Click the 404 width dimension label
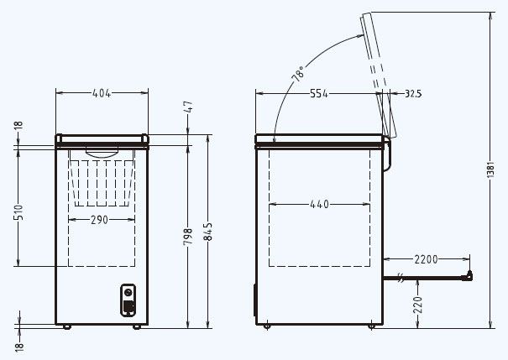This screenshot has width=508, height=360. tap(102, 93)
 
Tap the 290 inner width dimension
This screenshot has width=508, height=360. tap(99, 220)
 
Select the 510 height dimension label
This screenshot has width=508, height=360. tap(18, 212)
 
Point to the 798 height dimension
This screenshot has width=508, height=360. tap(188, 237)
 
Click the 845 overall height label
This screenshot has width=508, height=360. tap(208, 232)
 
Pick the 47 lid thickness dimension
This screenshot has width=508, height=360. tap(188, 107)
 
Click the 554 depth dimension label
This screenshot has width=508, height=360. tap(319, 93)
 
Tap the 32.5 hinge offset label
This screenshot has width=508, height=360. tap(413, 94)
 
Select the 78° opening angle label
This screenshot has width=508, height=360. tap(298, 74)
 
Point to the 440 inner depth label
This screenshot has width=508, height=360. tap(319, 204)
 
